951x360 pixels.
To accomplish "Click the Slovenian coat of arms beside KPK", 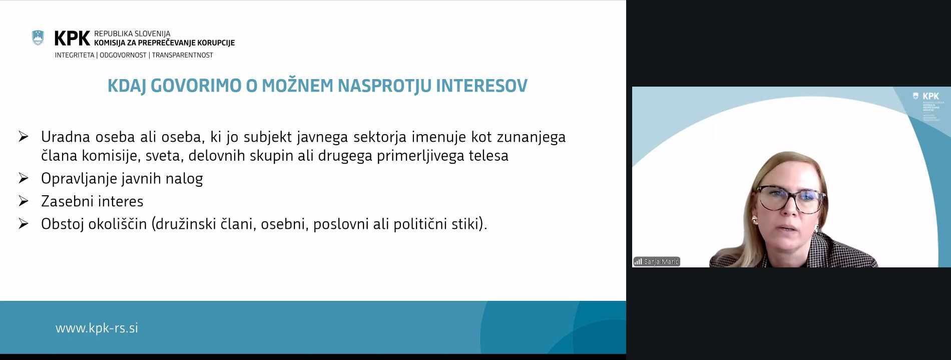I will (x=38, y=38).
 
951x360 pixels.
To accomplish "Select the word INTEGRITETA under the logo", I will (x=75, y=55).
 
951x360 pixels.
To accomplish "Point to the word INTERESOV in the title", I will (x=482, y=86).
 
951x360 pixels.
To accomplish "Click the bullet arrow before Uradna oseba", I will (x=23, y=137).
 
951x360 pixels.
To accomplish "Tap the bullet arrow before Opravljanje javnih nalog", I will (x=23, y=178).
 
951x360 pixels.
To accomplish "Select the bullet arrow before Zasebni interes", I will (x=23, y=201).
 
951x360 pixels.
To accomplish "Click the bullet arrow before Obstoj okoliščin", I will (x=23, y=223).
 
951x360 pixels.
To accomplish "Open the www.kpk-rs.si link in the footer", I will (x=97, y=328).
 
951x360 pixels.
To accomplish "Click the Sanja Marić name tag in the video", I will (x=661, y=262).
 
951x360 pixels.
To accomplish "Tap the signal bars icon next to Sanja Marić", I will (x=638, y=262).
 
